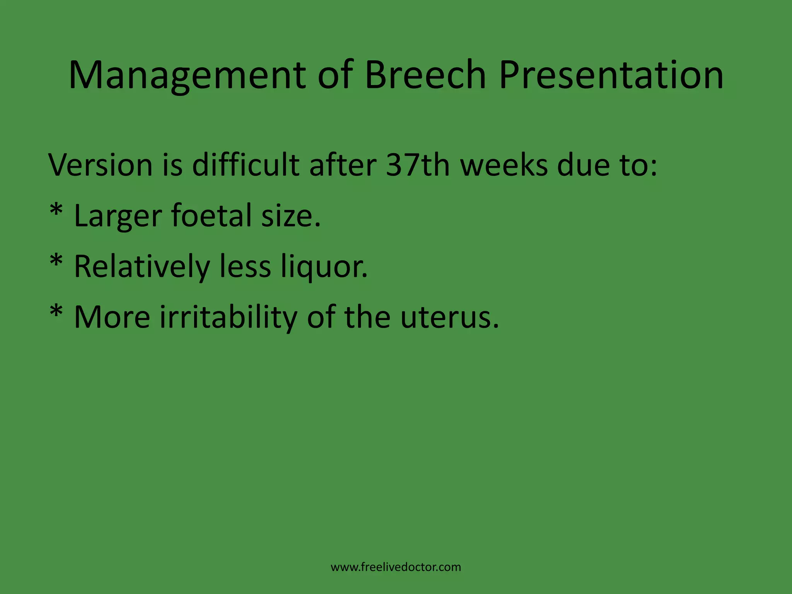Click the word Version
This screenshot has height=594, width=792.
(101, 165)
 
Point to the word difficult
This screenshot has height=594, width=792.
(246, 165)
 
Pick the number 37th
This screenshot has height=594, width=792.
(418, 165)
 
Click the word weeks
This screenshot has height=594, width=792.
(504, 165)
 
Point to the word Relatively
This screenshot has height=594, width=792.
(142, 267)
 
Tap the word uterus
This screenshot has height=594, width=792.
(449, 317)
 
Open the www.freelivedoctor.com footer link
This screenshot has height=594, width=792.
(396, 567)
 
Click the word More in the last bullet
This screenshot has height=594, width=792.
(112, 317)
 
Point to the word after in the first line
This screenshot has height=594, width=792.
(343, 165)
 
